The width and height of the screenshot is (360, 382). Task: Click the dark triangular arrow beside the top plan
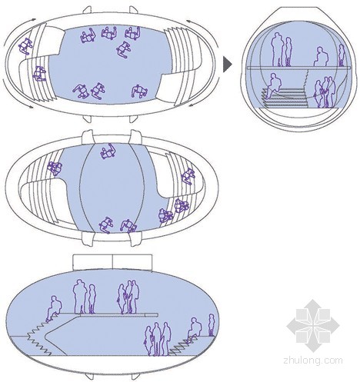pyautogui.click(x=227, y=64)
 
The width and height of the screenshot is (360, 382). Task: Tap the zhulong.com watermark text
pyautogui.click(x=313, y=360)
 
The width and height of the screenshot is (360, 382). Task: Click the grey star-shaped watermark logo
pyautogui.click(x=313, y=326)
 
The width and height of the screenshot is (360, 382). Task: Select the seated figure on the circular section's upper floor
pyautogui.click(x=321, y=57)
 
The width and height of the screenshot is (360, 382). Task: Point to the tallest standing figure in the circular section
pyautogui.click(x=278, y=49)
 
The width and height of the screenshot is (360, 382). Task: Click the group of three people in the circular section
pyautogui.click(x=325, y=92)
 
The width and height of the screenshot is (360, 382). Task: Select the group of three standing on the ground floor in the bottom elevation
pyautogui.click(x=158, y=339)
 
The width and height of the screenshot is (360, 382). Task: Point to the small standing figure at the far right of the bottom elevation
pyautogui.click(x=211, y=325)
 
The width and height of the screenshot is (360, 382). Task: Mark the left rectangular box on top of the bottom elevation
pyautogui.click(x=93, y=262)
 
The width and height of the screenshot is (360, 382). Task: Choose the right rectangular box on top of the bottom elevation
pyautogui.click(x=132, y=262)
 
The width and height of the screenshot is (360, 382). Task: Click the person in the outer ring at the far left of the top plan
pyautogui.click(x=25, y=46)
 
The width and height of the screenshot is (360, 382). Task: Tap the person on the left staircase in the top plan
pyautogui.click(x=39, y=74)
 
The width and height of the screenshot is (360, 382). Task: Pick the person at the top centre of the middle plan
pyautogui.click(x=108, y=151)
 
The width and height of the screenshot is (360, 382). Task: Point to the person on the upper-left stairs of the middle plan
pyautogui.click(x=55, y=168)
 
